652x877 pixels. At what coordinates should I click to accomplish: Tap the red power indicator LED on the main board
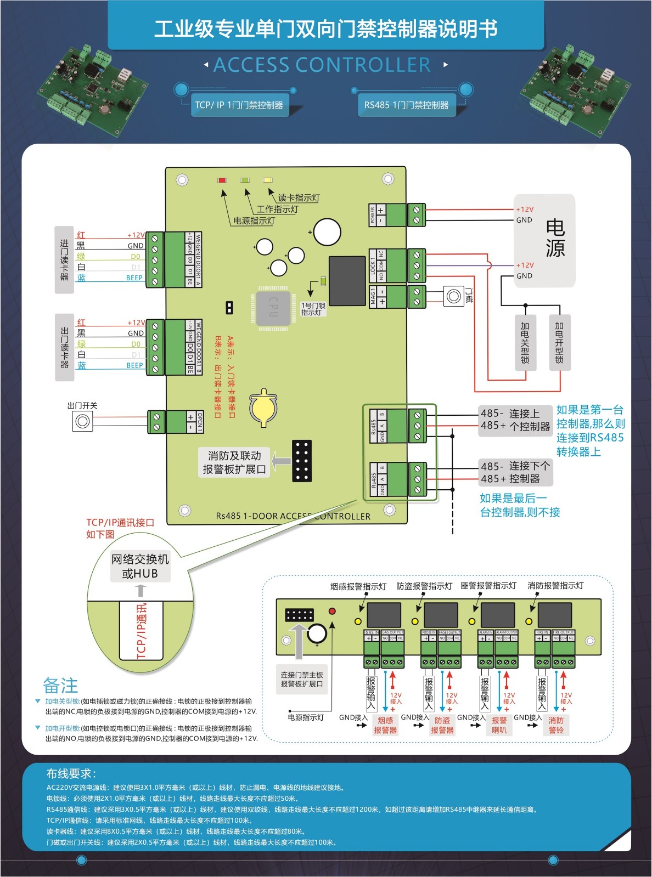(222, 180)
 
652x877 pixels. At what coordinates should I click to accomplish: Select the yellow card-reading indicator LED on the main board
(267, 180)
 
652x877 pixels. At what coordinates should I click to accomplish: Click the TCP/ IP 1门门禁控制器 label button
(239, 105)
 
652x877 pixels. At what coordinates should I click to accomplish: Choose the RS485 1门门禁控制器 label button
(406, 105)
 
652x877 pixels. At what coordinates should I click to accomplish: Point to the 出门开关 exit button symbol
(82, 421)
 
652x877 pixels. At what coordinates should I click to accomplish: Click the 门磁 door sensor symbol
(454, 296)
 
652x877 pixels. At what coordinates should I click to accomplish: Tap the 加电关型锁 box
(525, 342)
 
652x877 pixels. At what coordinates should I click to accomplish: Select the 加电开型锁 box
(559, 342)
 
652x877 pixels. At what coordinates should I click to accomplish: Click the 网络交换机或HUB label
(140, 566)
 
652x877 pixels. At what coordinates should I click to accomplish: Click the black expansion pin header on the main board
(302, 461)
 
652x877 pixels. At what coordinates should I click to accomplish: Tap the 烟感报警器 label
(385, 725)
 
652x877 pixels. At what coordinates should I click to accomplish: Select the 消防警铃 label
(556, 725)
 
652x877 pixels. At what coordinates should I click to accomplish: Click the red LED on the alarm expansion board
(332, 611)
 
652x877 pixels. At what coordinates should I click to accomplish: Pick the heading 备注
(60, 686)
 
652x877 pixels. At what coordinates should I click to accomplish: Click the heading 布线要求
(71, 774)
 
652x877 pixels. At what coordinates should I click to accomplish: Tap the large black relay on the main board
(347, 280)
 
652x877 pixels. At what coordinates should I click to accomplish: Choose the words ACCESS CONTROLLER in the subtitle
(322, 65)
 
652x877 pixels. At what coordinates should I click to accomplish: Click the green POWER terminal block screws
(416, 214)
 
